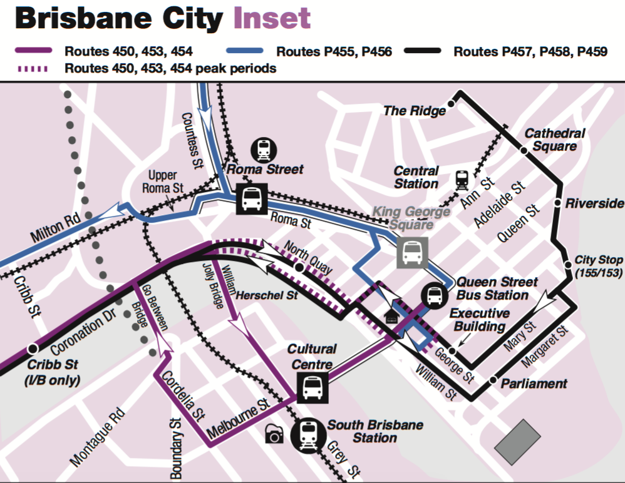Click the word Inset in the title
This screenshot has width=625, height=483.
[x=272, y=18]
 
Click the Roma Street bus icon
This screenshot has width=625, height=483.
[x=252, y=199]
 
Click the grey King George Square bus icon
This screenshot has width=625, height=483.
[x=413, y=253]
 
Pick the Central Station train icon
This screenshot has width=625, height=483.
[x=463, y=180]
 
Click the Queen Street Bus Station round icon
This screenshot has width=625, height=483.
[x=435, y=295]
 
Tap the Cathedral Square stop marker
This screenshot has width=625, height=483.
[x=524, y=150]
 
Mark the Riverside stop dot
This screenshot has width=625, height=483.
[x=557, y=203]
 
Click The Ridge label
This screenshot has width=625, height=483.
[x=414, y=111]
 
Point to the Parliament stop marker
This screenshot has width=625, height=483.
[x=493, y=380]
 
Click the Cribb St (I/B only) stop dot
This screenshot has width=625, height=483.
[x=31, y=348]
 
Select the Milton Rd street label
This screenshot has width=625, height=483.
[x=57, y=226]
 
